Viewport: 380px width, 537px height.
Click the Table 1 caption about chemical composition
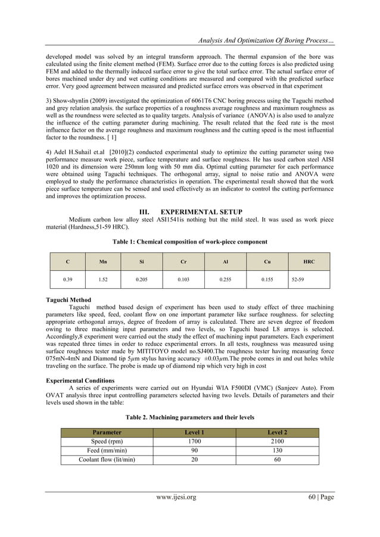tap(189, 242)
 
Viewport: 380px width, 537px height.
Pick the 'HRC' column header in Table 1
tap(309, 262)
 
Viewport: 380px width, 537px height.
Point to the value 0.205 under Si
tap(141, 279)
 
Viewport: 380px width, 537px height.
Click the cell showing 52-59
tap(297, 279)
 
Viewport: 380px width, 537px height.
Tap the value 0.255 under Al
tap(225, 279)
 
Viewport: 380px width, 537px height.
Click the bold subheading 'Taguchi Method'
tap(68, 299)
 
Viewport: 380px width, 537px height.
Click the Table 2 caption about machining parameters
tap(189, 417)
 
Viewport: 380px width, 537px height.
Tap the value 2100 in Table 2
tap(277, 442)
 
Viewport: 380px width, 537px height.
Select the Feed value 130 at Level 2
tap(277, 451)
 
